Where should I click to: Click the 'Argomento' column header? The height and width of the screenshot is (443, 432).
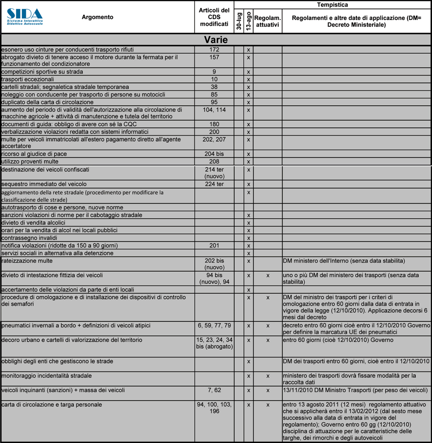97,17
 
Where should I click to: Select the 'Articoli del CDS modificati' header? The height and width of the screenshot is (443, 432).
214,17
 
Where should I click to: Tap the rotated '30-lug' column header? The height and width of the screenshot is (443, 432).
239,21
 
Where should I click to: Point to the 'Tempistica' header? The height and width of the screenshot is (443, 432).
333,5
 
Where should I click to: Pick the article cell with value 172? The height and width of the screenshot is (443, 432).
214,50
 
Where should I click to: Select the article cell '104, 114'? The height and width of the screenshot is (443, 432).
214,110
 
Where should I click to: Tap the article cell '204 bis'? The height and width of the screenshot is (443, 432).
214,154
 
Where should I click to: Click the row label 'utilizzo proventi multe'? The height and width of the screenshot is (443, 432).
30,162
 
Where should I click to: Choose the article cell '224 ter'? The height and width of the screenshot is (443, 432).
214,184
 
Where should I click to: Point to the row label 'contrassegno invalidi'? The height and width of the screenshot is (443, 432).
30,238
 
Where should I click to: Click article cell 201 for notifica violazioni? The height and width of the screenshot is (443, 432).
214,246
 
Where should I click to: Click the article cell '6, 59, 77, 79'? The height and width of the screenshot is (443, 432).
214,326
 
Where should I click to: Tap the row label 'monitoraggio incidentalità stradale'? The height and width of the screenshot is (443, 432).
46,375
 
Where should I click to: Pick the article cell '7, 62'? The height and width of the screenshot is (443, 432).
214,390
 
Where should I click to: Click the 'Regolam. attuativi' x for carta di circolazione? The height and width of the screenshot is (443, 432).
268,405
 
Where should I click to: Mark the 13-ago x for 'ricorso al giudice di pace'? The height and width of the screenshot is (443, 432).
249,154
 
